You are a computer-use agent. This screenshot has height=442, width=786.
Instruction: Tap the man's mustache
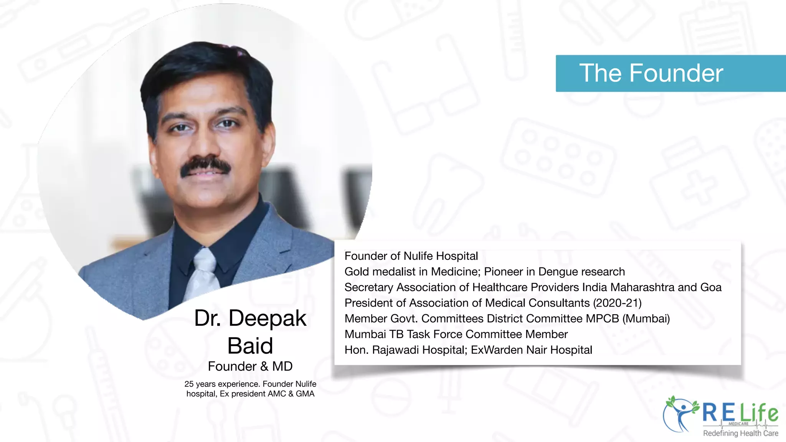click(x=206, y=166)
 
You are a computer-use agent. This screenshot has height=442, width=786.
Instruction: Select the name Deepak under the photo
click(x=267, y=318)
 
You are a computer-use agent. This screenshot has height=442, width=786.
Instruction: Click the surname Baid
click(x=250, y=346)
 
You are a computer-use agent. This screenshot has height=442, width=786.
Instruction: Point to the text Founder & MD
click(x=250, y=366)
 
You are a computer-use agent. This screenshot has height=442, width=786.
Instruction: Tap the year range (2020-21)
click(x=617, y=303)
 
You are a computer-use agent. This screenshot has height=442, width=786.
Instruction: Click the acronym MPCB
click(x=602, y=319)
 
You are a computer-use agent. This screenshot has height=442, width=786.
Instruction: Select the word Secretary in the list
click(x=369, y=287)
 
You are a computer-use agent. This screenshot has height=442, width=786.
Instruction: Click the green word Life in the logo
click(x=759, y=412)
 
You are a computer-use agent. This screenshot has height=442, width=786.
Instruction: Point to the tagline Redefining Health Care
click(x=740, y=433)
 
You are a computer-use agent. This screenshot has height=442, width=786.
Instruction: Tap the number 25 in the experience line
click(x=189, y=384)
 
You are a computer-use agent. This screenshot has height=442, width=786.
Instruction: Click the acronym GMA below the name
click(x=305, y=394)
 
